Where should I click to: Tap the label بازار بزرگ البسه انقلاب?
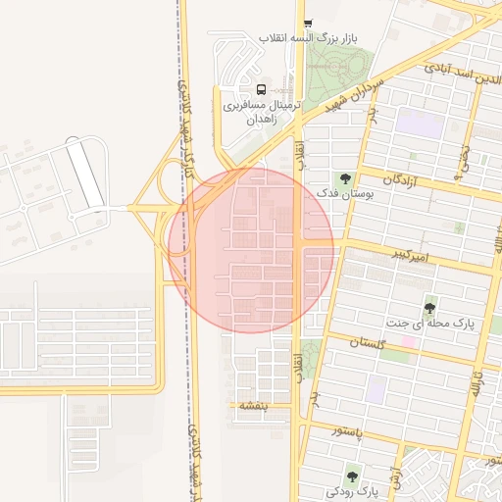(308, 38)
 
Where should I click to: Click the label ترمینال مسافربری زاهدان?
(259, 110)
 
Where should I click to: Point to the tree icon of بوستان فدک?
(344, 178)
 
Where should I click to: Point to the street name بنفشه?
(248, 405)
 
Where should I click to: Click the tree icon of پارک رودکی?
(352, 477)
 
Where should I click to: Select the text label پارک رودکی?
(353, 490)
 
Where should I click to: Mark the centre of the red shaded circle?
(251, 250)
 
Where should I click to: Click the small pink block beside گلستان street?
(407, 341)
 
